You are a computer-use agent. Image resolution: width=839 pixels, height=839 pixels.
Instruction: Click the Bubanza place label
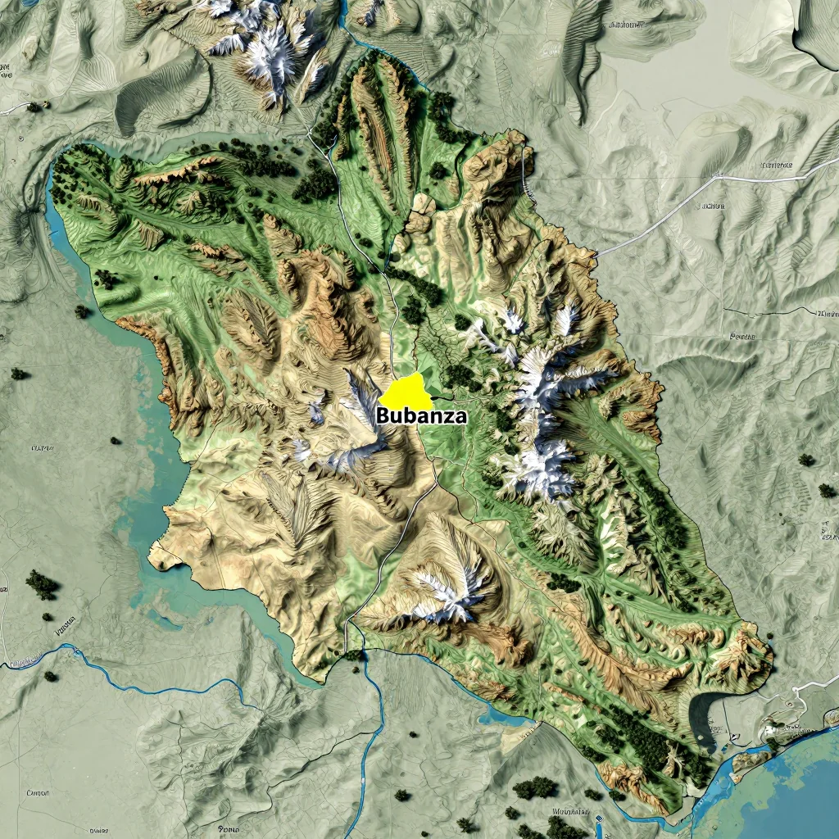tap(422, 415)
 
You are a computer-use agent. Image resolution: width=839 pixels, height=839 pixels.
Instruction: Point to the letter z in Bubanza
tap(448, 416)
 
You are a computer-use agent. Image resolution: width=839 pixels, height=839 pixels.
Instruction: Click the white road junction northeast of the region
tap(718, 175)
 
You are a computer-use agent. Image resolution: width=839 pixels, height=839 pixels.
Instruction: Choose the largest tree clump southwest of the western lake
tap(41, 585)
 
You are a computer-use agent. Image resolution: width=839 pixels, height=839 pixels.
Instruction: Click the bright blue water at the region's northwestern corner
tap(57, 193)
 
